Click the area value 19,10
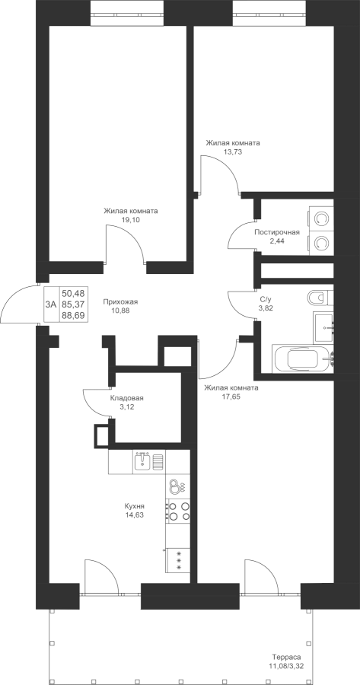[131, 220]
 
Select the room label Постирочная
[277, 232]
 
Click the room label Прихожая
[120, 301]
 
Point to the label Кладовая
[126, 398]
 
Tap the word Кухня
[134, 506]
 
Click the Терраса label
[287, 657]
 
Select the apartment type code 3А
[51, 304]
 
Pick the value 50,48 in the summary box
[73, 293]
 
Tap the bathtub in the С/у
[303, 358]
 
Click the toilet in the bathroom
[320, 298]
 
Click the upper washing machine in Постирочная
[321, 218]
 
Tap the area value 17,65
[231, 397]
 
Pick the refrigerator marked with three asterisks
[178, 560]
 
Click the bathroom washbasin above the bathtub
[324, 327]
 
